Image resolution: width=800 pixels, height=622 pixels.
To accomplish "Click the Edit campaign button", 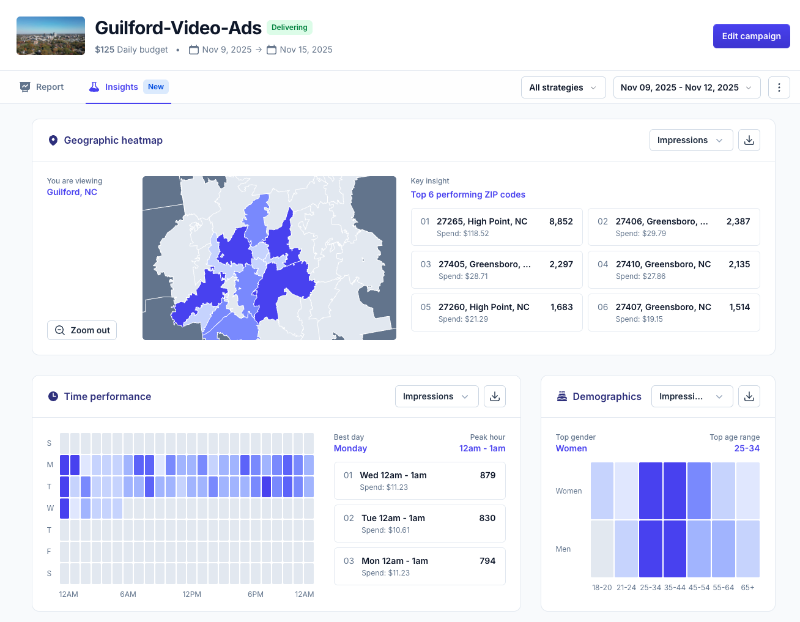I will tap(751, 36).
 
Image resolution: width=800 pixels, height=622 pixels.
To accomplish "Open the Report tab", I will tap(42, 87).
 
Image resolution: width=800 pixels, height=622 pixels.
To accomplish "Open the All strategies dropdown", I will tap(563, 87).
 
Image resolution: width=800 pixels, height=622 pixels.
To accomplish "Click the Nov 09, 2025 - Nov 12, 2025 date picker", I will tap(686, 87).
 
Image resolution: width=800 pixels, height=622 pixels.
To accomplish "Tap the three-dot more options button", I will tap(779, 87).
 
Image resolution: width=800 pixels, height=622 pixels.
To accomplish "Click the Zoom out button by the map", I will tap(82, 330).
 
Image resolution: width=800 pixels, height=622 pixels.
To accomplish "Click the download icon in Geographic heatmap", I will tap(749, 140).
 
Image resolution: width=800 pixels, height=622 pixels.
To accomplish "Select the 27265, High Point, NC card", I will tap(496, 227).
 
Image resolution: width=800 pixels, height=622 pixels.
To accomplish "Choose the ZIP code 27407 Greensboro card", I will tap(673, 313).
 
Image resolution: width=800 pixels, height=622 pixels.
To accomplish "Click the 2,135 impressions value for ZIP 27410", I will tap(739, 264).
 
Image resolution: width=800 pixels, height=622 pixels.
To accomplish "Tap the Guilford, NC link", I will tap(72, 192).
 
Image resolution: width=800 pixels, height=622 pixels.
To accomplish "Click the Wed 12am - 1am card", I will tap(419, 481).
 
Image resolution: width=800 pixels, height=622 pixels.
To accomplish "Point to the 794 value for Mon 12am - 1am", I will tap(487, 561).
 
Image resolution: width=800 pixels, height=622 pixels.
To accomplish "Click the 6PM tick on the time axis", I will tap(256, 594).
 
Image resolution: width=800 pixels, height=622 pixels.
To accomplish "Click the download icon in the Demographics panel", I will tap(749, 396).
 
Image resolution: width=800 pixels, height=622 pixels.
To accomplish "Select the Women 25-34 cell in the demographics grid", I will tap(650, 491).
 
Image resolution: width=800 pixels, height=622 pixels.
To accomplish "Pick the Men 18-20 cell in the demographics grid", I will tap(602, 549).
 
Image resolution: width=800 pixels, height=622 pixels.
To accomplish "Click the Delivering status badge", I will tap(289, 28).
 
